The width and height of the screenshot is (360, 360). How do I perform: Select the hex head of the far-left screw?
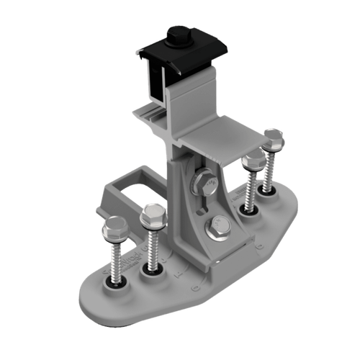[114, 233]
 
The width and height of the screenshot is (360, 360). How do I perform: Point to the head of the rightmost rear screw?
[274, 137]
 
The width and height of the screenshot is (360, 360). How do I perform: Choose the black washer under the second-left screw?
[153, 271]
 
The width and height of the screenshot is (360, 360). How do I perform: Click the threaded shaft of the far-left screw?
[115, 259]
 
